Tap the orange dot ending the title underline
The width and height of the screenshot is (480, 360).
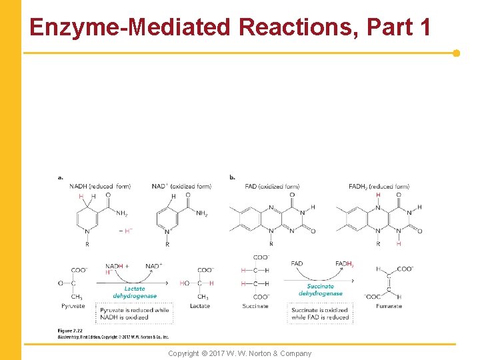click(x=456, y=53)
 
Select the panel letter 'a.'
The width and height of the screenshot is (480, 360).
click(x=61, y=177)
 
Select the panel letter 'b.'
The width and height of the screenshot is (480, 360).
click(x=232, y=177)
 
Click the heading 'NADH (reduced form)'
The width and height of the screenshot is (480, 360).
click(x=100, y=186)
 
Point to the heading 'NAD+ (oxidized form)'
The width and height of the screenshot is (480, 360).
click(x=181, y=186)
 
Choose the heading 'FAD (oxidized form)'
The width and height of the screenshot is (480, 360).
click(x=272, y=186)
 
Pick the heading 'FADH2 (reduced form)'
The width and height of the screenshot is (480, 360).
click(x=379, y=186)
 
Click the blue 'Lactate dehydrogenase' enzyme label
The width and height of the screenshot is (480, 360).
click(x=135, y=292)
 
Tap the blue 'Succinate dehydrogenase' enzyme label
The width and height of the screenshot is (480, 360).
click(x=320, y=289)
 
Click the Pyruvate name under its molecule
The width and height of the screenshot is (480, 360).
click(x=74, y=306)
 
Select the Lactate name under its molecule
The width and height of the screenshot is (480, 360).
click(x=199, y=306)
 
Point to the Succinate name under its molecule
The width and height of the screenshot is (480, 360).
click(x=255, y=306)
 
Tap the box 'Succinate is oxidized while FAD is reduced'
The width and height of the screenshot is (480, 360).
click(x=320, y=313)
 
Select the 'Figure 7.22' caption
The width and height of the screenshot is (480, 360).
click(x=69, y=330)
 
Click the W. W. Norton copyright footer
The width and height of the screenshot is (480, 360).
click(x=239, y=353)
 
